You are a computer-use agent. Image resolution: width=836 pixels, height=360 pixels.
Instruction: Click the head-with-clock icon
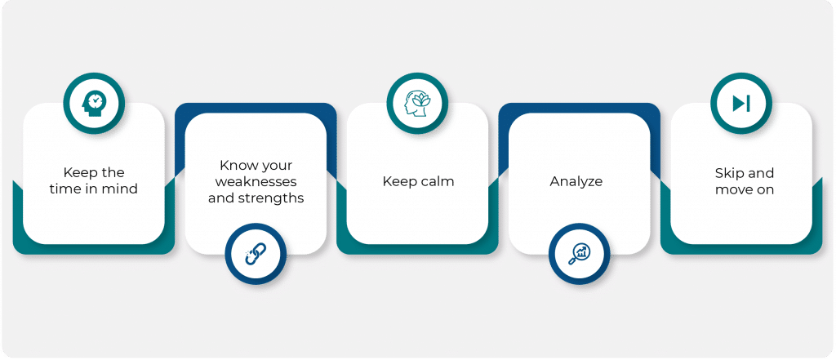point(94,103)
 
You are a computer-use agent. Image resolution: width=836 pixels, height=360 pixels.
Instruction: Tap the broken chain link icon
point(256,253)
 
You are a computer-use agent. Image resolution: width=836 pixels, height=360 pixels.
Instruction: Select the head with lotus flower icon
point(417,103)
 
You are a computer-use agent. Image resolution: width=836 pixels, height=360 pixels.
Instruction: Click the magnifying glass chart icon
point(579,253)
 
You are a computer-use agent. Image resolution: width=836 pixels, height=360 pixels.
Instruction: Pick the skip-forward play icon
point(741,103)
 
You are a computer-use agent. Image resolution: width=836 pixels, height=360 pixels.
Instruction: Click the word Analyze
point(576,182)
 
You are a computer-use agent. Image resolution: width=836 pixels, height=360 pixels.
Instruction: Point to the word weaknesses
point(256,181)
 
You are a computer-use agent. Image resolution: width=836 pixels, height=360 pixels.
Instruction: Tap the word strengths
point(275,199)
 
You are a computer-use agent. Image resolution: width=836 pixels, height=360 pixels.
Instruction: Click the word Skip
point(727,174)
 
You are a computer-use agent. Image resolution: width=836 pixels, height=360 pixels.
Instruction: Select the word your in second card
point(275,166)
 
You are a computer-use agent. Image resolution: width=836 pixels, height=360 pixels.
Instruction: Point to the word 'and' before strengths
point(220,198)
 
